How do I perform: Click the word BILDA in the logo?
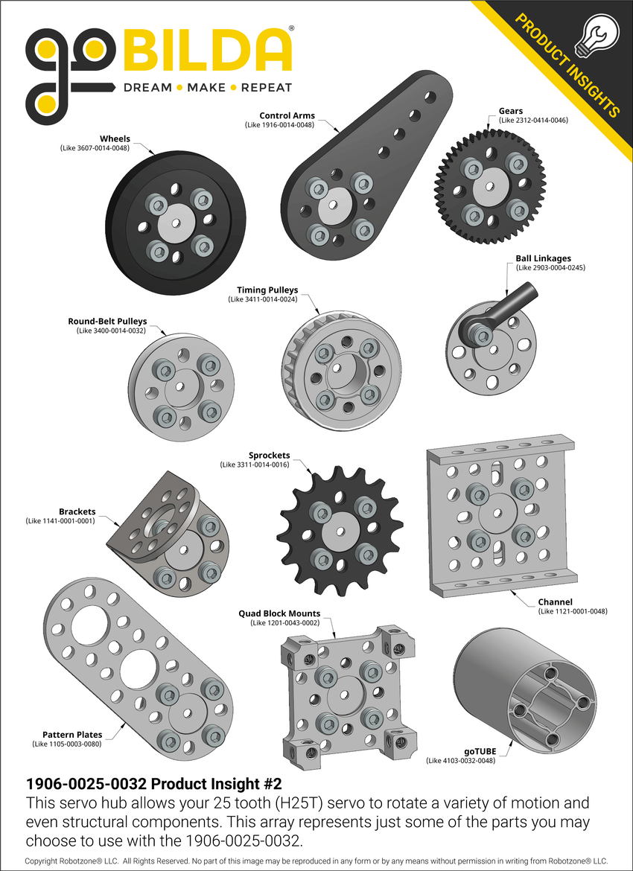(207, 51)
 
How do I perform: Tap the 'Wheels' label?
(115, 138)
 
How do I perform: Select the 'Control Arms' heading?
(287, 115)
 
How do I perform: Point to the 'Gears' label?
(510, 111)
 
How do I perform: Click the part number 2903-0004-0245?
(550, 267)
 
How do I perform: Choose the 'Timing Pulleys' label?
(267, 290)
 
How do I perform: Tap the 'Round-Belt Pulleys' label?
(107, 322)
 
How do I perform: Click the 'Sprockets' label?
(269, 455)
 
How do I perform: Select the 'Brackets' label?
(77, 511)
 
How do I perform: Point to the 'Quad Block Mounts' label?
(279, 613)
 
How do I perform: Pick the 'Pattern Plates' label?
(72, 734)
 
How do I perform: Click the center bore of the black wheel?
(176, 223)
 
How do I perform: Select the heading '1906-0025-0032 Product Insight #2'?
(153, 784)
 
